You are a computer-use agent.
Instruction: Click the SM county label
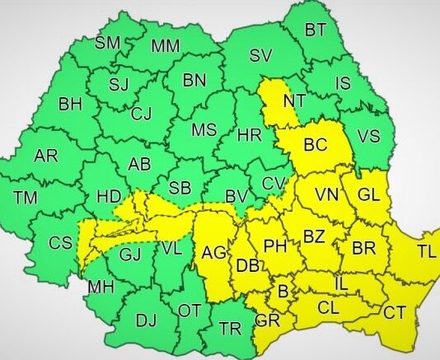108,42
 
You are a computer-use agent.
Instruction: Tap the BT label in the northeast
316,30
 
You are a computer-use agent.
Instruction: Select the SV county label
260,57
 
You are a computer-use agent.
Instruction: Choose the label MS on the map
204,131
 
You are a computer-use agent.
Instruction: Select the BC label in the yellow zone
316,146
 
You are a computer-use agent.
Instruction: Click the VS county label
368,138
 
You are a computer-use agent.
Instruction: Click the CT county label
395,311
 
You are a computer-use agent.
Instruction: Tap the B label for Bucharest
283,291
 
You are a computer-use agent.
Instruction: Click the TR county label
230,329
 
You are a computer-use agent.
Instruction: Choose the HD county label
109,196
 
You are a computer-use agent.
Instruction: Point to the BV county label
236,196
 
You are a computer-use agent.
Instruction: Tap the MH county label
101,287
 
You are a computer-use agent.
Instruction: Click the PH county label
274,245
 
